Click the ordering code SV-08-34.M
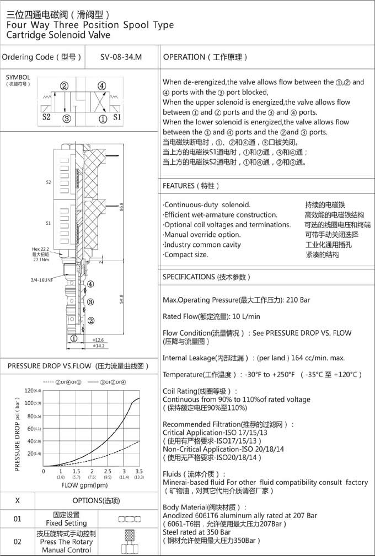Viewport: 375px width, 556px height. point(122,57)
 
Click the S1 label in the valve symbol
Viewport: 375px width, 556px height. point(117,117)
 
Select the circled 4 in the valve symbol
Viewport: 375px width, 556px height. point(102,85)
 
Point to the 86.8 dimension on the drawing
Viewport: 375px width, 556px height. point(121,208)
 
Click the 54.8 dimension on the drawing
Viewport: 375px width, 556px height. point(121,299)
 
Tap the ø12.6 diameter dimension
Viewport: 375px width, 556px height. point(99,339)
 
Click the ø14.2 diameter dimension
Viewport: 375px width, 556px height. point(99,346)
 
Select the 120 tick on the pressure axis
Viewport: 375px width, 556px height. point(29,391)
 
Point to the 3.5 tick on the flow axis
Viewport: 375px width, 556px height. point(139,472)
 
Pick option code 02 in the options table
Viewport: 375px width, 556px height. point(17,542)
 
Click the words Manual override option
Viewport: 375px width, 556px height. point(203,234)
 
